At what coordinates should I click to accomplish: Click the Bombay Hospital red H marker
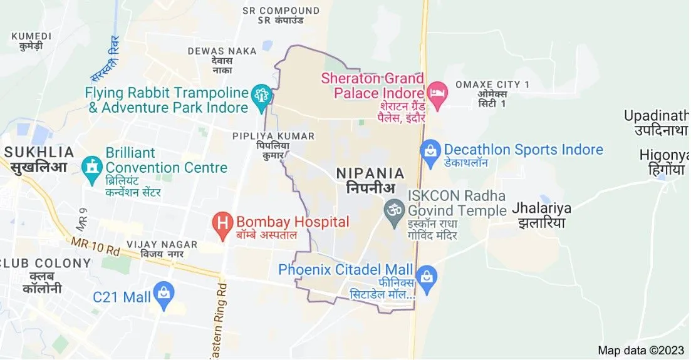click(221, 222)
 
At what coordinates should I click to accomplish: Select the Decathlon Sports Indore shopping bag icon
click(430, 150)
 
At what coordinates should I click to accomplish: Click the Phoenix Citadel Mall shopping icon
click(427, 275)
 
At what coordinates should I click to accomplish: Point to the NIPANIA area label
click(370, 173)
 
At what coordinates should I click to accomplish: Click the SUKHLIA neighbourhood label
click(39, 152)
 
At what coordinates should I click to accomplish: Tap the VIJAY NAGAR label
click(162, 245)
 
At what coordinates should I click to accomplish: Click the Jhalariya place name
click(543, 208)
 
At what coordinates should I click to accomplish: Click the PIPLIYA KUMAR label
click(273, 136)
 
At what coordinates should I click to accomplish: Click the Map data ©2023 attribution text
click(640, 350)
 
